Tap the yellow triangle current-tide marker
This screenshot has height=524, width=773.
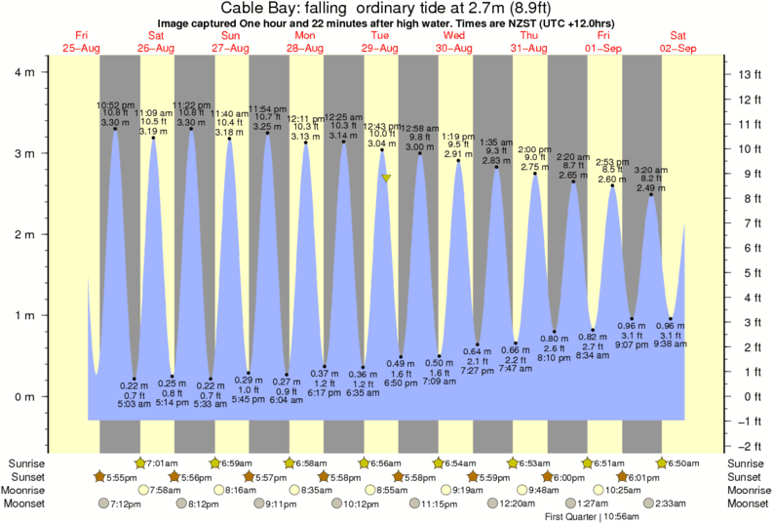point(387,179)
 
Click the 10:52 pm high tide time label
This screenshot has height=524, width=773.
point(114,104)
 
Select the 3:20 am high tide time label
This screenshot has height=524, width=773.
point(652,170)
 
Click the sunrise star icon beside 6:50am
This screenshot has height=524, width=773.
point(663,463)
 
